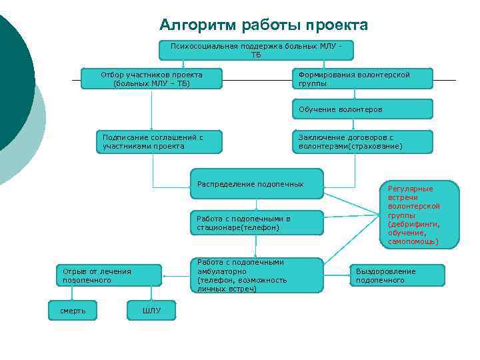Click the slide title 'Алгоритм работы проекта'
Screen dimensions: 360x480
click(x=263, y=25)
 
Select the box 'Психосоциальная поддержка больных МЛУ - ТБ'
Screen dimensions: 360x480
click(x=256, y=50)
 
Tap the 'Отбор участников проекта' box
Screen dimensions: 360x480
click(x=151, y=79)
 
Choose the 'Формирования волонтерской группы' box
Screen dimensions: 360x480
click(x=362, y=79)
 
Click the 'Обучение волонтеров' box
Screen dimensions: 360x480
click(x=362, y=109)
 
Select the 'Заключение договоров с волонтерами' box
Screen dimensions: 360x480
click(x=362, y=141)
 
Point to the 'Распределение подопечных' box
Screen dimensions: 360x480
click(x=256, y=184)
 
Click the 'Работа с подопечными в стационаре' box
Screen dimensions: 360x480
click(x=256, y=223)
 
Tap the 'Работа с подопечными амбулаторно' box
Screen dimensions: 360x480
click(x=256, y=275)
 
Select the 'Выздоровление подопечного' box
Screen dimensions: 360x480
click(x=398, y=275)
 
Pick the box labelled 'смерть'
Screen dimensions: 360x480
click(x=73, y=310)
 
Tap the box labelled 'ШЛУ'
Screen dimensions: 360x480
click(x=151, y=310)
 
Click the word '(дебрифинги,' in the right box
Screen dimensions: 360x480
click(x=414, y=225)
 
